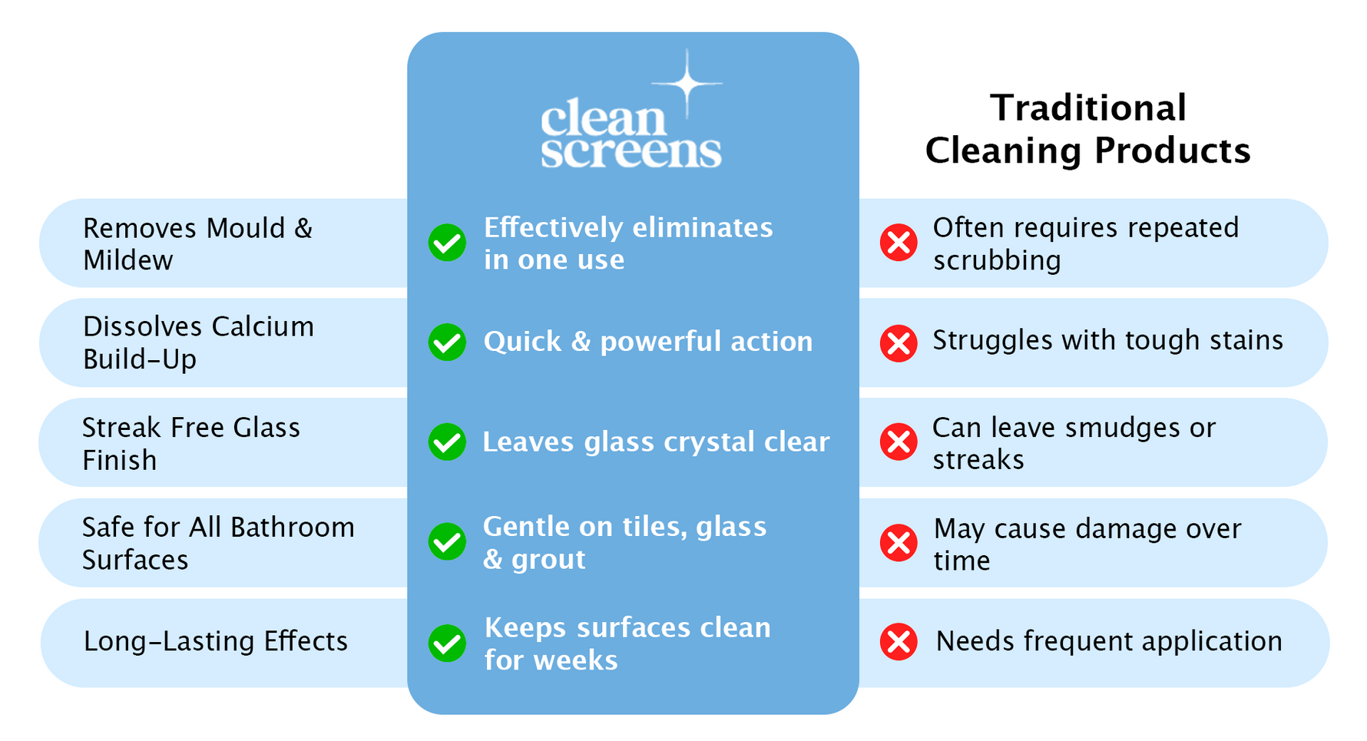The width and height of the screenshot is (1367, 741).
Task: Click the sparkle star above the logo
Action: (687, 83)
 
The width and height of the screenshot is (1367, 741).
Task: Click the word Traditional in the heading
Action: (1087, 108)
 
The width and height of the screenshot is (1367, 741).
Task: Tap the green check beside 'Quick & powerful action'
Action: (447, 342)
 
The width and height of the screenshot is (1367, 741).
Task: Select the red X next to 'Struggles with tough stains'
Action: (899, 342)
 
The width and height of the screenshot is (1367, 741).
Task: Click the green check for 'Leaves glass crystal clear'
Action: (447, 442)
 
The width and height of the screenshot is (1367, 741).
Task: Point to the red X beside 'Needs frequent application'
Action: (899, 642)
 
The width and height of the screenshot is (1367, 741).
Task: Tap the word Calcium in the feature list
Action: (262, 327)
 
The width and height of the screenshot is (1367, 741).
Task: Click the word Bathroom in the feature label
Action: (292, 528)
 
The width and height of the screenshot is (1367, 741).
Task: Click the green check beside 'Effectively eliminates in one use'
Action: (447, 243)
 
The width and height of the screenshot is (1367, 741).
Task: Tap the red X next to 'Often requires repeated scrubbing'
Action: (899, 243)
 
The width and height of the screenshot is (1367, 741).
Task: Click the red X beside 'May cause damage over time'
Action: (899, 543)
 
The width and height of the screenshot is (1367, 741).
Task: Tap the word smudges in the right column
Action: (1123, 428)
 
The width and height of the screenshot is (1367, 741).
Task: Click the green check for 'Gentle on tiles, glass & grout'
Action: (447, 542)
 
